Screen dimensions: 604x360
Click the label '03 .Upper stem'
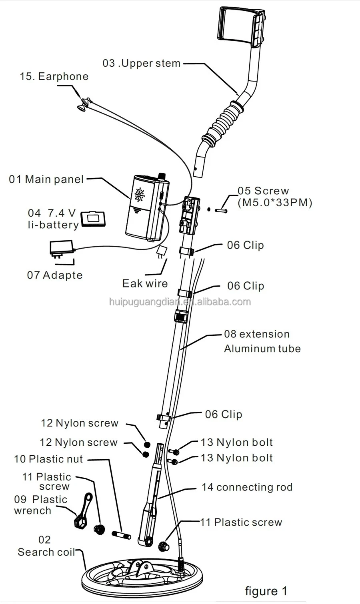142,63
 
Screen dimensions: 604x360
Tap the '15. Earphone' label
54,76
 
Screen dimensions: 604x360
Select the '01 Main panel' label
46,179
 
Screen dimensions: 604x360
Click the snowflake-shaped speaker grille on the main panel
140,195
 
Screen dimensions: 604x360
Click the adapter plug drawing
61,248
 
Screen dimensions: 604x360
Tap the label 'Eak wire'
145,283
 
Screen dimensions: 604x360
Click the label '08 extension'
256,334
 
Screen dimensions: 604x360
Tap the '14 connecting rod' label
247,487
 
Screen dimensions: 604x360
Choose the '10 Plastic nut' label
48,459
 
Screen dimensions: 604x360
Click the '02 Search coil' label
46,546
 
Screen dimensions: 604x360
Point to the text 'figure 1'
266,591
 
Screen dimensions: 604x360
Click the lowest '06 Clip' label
224,415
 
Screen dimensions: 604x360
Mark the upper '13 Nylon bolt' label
237,442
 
